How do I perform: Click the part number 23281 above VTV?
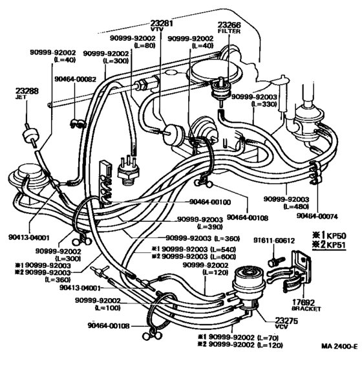click(162, 24)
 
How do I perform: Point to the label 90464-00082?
click(75, 78)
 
